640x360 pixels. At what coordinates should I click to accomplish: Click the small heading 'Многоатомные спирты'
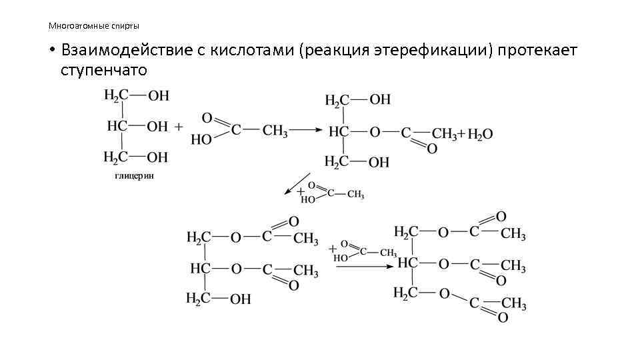pyautogui.click(x=93, y=26)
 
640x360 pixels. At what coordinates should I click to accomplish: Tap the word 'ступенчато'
pyautogui.click(x=103, y=69)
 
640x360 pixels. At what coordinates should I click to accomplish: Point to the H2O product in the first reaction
pyautogui.click(x=480, y=133)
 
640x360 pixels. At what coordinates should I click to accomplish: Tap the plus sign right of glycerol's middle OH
pyautogui.click(x=179, y=126)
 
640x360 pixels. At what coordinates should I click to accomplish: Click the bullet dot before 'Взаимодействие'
pyautogui.click(x=51, y=51)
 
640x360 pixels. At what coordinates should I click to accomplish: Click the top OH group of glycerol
pyautogui.click(x=158, y=96)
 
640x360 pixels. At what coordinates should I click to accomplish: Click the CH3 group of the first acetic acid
pyautogui.click(x=275, y=131)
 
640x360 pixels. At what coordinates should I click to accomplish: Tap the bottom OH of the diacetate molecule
pyautogui.click(x=240, y=299)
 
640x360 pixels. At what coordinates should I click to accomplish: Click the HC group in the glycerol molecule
pyautogui.click(x=117, y=126)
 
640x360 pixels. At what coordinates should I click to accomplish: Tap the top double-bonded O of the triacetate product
pyautogui.click(x=501, y=216)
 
